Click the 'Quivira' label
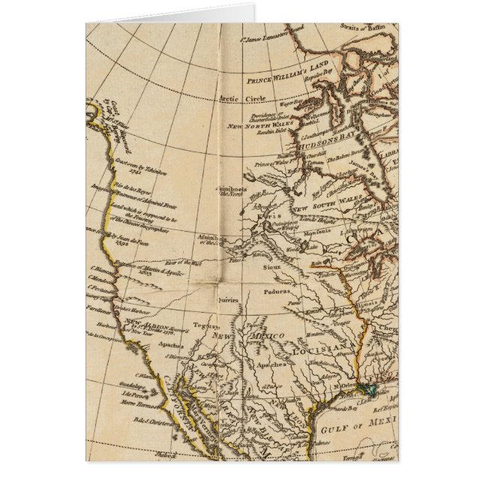[x=229, y=298]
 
